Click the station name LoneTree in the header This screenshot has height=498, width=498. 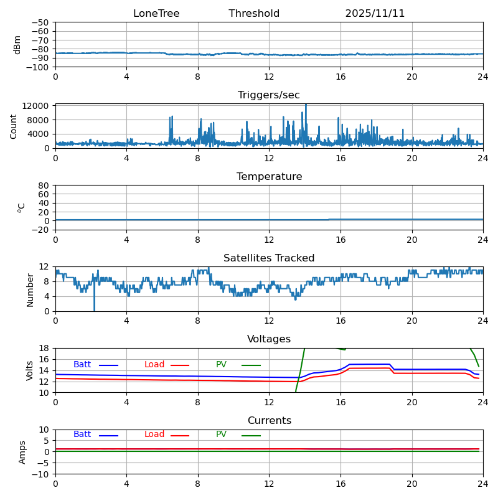pyautogui.click(x=156, y=14)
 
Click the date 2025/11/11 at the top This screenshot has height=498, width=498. pyautogui.click(x=375, y=14)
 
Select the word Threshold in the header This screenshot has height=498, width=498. pyautogui.click(x=254, y=14)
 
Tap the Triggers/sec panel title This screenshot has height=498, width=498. pyautogui.click(x=269, y=95)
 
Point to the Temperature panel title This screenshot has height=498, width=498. pyautogui.click(x=269, y=177)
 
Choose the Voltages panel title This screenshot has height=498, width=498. pyautogui.click(x=269, y=339)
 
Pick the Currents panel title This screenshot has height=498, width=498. pyautogui.click(x=269, y=421)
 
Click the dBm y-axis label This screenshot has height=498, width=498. pyautogui.click(x=17, y=44)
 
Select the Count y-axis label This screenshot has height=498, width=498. pyautogui.click(x=14, y=126)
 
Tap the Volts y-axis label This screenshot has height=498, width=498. pyautogui.click(x=30, y=370)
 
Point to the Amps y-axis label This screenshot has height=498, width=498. pyautogui.click(x=22, y=452)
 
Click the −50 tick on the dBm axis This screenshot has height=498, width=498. pyautogui.click(x=40, y=22)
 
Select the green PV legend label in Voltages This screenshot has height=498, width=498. pyautogui.click(x=221, y=365)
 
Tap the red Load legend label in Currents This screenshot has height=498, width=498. pyautogui.click(x=154, y=435)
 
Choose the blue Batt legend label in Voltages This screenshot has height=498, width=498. pyautogui.click(x=82, y=365)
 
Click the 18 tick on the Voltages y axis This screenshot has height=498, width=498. pyautogui.click(x=45, y=348)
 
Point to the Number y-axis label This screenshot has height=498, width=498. pyautogui.click(x=30, y=289)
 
